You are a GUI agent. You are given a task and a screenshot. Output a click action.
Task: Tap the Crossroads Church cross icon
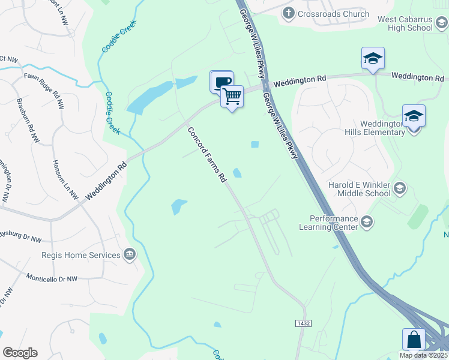(288, 13)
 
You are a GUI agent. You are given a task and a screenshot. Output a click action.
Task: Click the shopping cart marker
(232, 95)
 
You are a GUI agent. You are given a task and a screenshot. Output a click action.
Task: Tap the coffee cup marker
(221, 82)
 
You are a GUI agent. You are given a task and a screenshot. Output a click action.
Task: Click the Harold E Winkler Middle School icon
(399, 190)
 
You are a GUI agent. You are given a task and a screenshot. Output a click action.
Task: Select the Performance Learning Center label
(334, 223)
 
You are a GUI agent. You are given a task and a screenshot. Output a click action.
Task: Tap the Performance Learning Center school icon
(366, 223)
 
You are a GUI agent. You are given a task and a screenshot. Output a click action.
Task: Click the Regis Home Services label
(81, 255)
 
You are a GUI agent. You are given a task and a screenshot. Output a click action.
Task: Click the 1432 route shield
(303, 323)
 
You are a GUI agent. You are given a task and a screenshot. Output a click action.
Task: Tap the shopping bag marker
(415, 339)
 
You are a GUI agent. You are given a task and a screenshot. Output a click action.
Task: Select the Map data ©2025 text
(423, 355)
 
